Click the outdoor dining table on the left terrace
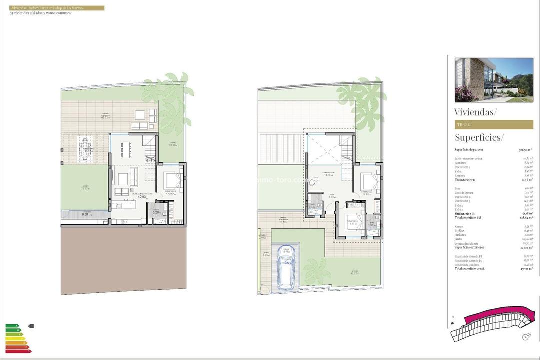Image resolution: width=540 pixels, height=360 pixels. click(86, 150)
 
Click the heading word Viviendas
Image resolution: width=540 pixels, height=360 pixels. click(475, 112)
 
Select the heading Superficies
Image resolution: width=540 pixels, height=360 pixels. click(479, 137)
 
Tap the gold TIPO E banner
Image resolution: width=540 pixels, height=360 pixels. click(493, 124)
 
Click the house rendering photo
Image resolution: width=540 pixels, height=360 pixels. click(493, 80)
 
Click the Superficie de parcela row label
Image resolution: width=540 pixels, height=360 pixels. click(469, 149)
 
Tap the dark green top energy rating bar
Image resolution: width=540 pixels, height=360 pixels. click(12, 326)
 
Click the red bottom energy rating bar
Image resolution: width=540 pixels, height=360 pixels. click(18, 351)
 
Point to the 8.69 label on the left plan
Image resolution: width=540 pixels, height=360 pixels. click(86, 214)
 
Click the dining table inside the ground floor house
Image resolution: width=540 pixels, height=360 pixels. click(125, 148)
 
